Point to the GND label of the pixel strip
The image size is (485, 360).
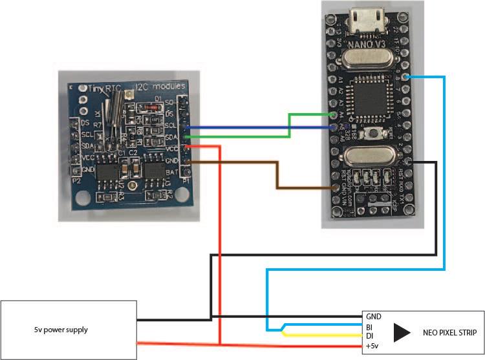point(374,317)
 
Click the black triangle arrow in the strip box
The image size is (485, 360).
point(402,332)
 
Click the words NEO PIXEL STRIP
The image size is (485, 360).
point(449,333)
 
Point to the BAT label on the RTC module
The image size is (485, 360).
point(172,173)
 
